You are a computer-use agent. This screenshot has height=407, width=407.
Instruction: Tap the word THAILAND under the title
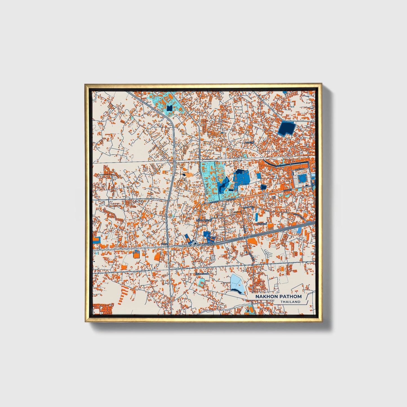[x=290, y=302]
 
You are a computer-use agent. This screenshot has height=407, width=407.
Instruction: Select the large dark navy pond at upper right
[x=286, y=128]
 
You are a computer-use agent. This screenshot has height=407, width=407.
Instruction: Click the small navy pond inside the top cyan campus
[x=169, y=108]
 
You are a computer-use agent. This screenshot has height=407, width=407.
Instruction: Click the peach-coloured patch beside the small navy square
[x=188, y=175]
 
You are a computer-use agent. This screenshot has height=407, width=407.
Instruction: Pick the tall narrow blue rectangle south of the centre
[x=257, y=217]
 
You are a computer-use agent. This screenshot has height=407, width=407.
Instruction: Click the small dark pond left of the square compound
[x=263, y=187]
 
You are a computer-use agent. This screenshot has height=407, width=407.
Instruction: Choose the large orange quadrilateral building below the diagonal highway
[x=252, y=241]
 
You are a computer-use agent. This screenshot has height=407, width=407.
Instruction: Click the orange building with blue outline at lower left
[x=136, y=254]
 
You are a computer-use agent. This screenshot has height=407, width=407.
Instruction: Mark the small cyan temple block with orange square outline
[x=202, y=283]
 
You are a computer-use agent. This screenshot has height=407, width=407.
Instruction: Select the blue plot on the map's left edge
[x=96, y=240]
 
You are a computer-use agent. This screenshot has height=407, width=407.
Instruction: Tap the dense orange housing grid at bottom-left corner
[x=103, y=308]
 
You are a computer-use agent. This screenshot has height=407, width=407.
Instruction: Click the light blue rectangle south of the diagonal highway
[x=299, y=230]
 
